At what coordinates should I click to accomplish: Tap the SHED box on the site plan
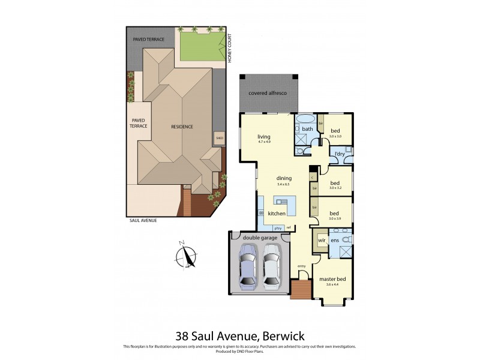[220, 138]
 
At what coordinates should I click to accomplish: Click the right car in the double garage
[272, 268]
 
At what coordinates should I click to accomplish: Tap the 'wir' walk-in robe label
[322, 240]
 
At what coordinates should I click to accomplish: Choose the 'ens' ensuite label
[335, 240]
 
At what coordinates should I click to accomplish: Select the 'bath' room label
[307, 129]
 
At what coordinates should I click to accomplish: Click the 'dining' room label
[284, 178]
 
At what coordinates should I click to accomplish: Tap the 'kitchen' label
[276, 214]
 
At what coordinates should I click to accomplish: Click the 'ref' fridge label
[289, 227]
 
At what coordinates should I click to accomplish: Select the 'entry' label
[301, 266]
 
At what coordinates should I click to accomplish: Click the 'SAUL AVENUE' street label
[143, 220]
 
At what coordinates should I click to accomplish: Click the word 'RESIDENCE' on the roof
[182, 127]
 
